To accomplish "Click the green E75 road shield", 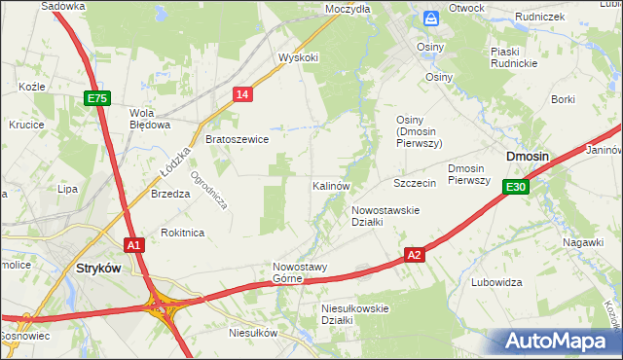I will (97, 98).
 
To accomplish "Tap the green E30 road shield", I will (516, 187).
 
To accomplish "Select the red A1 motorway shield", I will (134, 245).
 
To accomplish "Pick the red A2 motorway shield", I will (415, 254).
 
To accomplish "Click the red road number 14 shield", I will (243, 93).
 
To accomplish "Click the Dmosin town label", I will (527, 156).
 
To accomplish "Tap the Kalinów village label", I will (331, 185).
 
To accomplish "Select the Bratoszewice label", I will (237, 139).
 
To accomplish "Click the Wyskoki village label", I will (298, 57).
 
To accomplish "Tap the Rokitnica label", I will (182, 233).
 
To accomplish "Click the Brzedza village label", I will (170, 194).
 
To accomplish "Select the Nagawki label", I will (583, 242).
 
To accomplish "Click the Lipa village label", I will (67, 189).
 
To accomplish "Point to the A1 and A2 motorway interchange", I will (162, 309).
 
